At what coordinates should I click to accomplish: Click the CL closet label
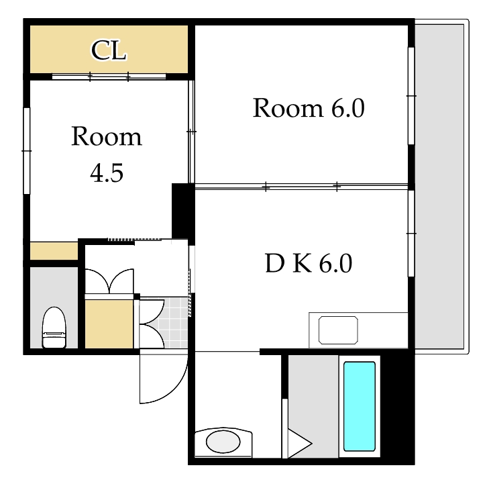(109, 50)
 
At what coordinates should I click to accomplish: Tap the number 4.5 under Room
(107, 173)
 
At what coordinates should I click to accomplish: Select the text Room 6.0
(309, 108)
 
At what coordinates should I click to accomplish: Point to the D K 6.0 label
(309, 263)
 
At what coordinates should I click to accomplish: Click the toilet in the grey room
(54, 327)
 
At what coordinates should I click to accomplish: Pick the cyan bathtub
(360, 406)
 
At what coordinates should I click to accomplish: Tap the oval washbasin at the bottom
(223, 442)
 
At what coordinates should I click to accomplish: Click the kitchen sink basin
(338, 330)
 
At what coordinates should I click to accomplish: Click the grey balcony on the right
(439, 187)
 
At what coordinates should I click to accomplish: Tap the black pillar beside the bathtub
(397, 406)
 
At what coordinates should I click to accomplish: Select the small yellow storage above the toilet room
(54, 250)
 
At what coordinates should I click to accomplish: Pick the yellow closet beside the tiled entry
(109, 324)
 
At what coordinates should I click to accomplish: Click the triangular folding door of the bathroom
(298, 444)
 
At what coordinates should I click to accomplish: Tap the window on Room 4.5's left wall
(27, 151)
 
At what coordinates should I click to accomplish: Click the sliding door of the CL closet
(109, 76)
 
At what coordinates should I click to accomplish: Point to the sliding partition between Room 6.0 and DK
(301, 187)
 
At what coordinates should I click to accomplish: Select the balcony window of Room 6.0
(411, 96)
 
